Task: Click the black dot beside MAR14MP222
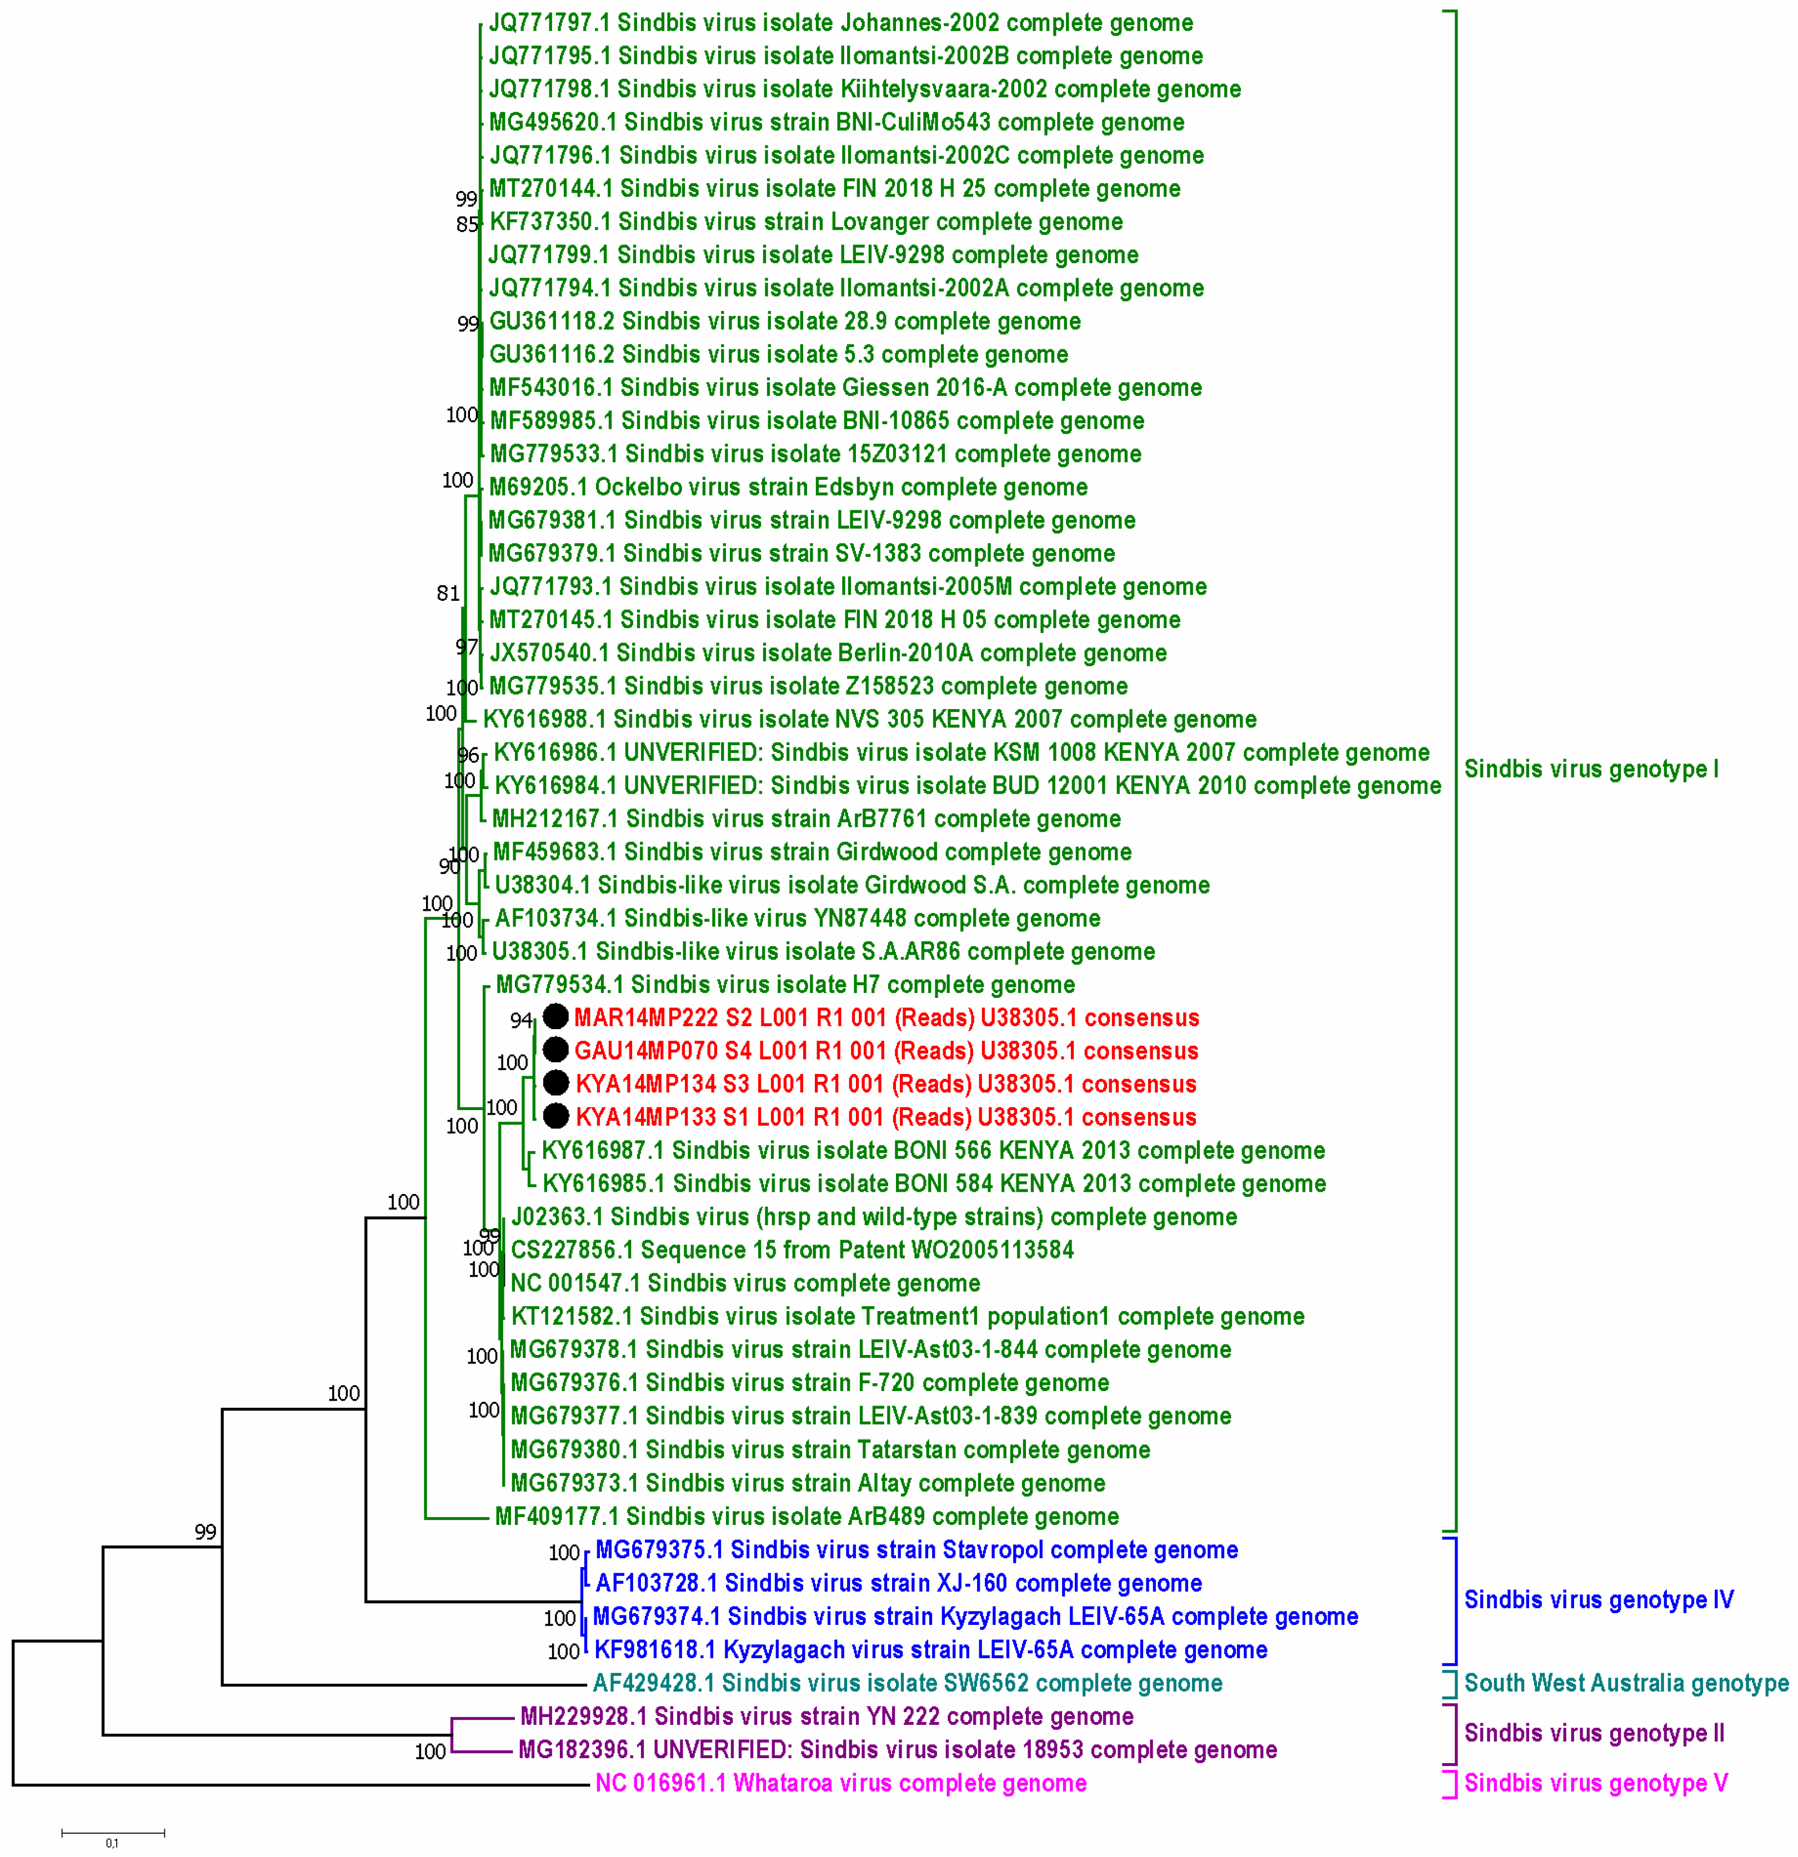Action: pos(555,1017)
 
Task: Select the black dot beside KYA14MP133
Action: pos(555,1116)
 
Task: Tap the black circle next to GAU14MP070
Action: pos(555,1050)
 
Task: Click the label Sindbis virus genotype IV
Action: pos(1598,1600)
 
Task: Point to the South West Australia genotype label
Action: pos(1625,1684)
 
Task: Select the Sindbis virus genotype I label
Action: pos(1590,769)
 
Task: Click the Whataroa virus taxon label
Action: pos(840,1783)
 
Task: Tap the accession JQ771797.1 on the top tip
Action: pos(550,23)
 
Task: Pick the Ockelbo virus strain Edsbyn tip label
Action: pos(788,487)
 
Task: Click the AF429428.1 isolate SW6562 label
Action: pos(906,1684)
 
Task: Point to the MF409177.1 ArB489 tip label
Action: pos(805,1517)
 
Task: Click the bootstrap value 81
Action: pos(447,593)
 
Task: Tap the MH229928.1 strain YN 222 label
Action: pos(825,1717)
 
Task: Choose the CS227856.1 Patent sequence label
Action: pos(792,1249)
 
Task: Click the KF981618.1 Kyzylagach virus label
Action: pos(930,1649)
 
